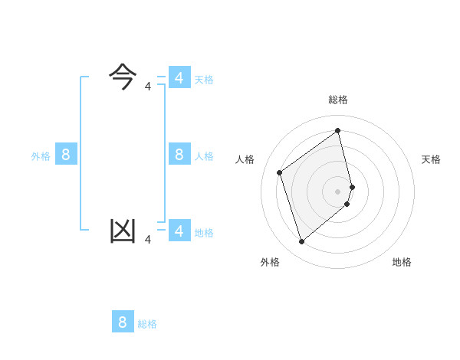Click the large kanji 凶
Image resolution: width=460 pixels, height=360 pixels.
click(123, 232)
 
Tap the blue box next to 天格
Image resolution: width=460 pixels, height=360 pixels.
click(179, 78)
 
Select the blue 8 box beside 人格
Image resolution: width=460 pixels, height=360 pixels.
click(179, 155)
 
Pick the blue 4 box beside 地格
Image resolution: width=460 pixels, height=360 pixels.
click(179, 230)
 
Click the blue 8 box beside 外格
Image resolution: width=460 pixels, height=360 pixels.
click(66, 155)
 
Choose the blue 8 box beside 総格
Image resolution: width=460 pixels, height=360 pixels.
click(123, 322)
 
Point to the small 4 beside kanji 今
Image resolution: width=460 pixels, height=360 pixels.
click(148, 87)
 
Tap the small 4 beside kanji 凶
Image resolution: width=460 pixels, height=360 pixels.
click(148, 240)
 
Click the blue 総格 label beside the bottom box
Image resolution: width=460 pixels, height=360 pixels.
click(147, 324)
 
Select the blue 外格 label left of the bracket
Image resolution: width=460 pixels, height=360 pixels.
click(41, 156)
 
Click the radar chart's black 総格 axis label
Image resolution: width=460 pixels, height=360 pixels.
click(338, 100)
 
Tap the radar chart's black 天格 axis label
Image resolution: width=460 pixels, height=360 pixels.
click(431, 159)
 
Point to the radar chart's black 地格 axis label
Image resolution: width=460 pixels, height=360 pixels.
click(402, 262)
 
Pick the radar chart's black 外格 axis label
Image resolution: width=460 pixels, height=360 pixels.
click(270, 262)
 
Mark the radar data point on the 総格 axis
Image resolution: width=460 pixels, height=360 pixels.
click(338, 130)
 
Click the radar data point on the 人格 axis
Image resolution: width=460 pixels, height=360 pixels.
click(280, 172)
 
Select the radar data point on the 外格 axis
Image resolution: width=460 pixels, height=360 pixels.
click(302, 242)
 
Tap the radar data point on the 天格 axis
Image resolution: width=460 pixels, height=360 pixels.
click(353, 186)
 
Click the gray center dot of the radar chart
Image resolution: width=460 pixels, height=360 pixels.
click(338, 191)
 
